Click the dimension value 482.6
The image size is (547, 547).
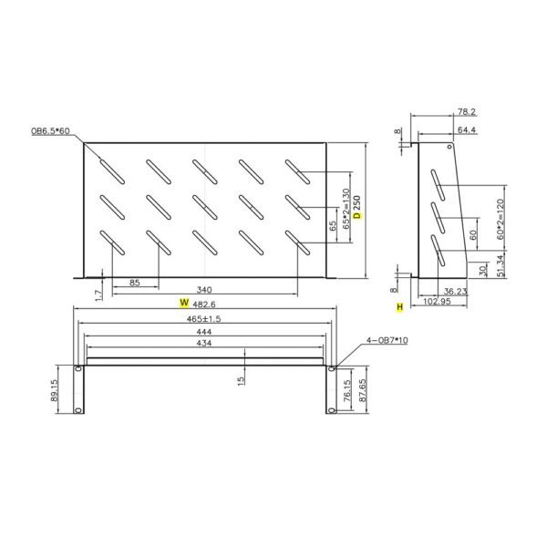(x=209, y=302)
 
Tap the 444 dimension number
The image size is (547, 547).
(x=204, y=333)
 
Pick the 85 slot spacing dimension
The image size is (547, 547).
(x=134, y=284)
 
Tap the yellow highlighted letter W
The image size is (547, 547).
(x=183, y=302)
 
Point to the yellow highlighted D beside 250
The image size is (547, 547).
(x=357, y=217)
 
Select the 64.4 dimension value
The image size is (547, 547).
(x=465, y=130)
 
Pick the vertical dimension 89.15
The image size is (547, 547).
(x=55, y=390)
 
